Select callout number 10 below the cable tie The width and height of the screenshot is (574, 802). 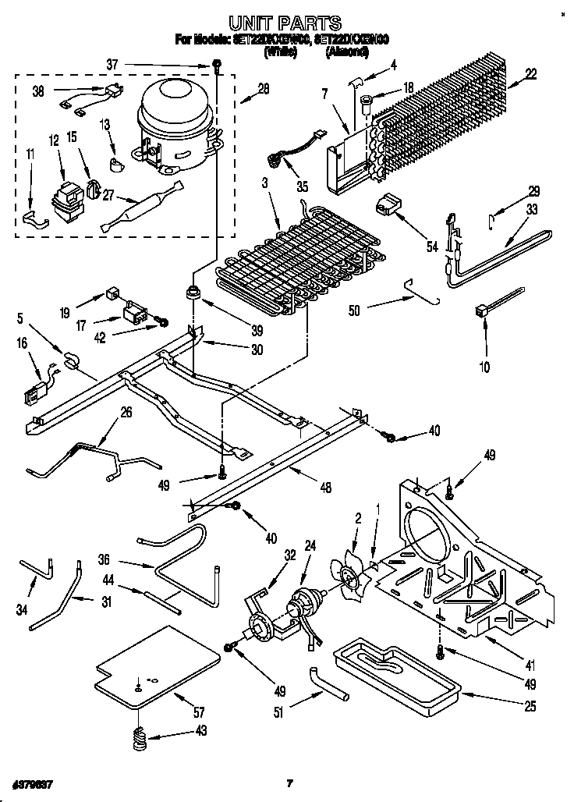484,365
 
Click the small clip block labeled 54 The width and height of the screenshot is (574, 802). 388,205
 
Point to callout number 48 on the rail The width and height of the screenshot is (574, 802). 325,488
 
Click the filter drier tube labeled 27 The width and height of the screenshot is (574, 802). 140,207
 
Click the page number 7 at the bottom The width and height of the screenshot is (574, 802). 289,782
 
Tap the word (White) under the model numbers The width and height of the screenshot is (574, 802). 282,52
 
